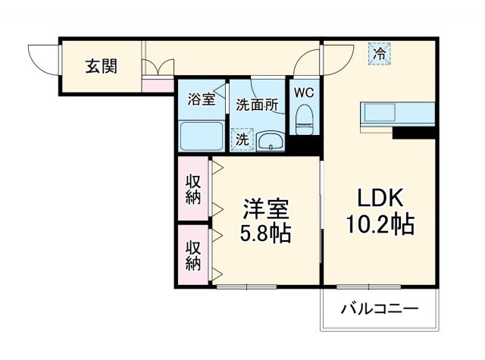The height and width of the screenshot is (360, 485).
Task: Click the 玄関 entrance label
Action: pyautogui.click(x=100, y=67)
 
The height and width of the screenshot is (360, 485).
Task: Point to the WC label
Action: pyautogui.click(x=304, y=92)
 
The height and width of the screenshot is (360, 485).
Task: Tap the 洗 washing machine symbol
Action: pyautogui.click(x=242, y=139)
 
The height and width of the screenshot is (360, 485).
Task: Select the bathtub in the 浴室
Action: pyautogui.click(x=202, y=136)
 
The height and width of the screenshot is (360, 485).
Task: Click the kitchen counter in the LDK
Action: pyautogui.click(x=397, y=114)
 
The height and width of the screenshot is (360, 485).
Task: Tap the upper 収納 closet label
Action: pyautogui.click(x=194, y=189)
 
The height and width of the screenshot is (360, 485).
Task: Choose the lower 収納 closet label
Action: pyautogui.click(x=194, y=255)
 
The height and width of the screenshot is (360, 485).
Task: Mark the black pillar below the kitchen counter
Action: pyautogui.click(x=414, y=133)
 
